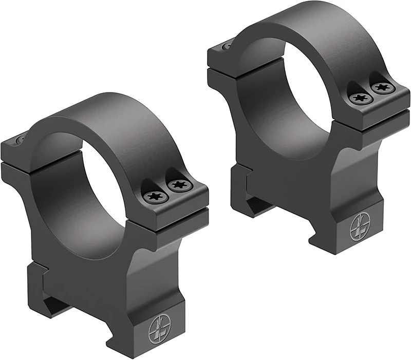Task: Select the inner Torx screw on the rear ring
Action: pyautogui.click(x=358, y=98)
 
